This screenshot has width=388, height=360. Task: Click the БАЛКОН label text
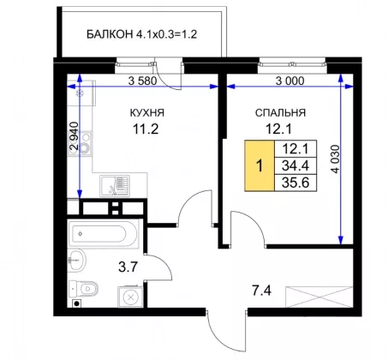tap(110, 34)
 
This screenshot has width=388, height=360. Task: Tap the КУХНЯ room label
tap(147, 112)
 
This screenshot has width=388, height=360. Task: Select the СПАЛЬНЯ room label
tap(280, 113)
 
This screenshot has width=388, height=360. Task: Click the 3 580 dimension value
tap(142, 81)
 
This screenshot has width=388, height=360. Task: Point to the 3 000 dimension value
tap(290, 81)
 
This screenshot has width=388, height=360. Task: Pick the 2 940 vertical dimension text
tap(74, 136)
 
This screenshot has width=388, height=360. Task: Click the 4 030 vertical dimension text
tap(336, 159)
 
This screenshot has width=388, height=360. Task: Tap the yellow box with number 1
tap(260, 165)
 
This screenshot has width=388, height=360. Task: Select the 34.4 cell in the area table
tap(295, 165)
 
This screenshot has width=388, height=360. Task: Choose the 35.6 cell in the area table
tap(295, 183)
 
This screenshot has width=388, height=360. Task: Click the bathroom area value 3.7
tap(128, 267)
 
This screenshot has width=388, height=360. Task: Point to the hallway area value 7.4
tap(261, 291)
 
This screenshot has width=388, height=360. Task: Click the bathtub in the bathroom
tap(103, 234)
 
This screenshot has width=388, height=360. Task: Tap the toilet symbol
tap(83, 289)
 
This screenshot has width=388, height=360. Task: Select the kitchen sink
tap(115, 186)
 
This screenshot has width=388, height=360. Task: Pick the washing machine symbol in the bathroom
tap(130, 297)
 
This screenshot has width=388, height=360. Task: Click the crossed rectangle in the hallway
tap(319, 297)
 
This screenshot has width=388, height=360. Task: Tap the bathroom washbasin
tap(77, 260)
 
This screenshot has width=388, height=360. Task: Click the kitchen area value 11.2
tap(146, 129)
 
